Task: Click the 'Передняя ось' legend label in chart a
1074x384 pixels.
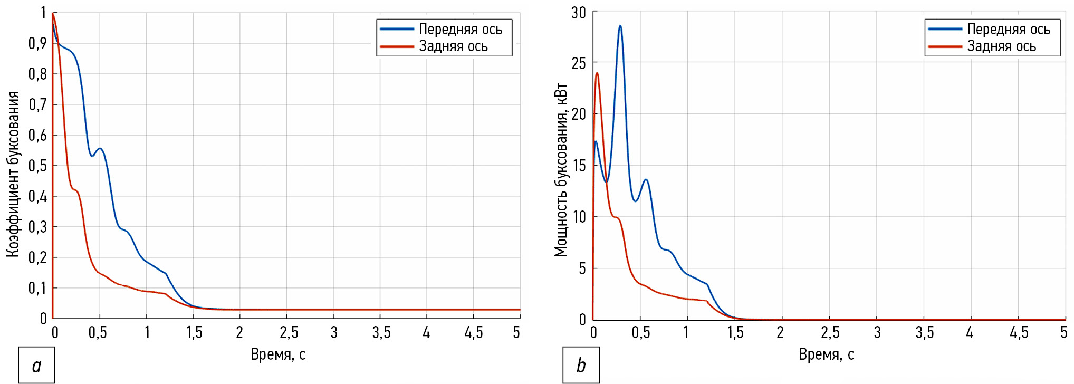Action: [x=460, y=30]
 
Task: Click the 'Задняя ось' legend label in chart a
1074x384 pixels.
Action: [x=453, y=46]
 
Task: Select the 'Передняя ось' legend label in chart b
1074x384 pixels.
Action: [x=1008, y=30]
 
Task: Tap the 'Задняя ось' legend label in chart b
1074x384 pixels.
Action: [x=1001, y=46]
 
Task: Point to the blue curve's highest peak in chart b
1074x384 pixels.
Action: [x=620, y=26]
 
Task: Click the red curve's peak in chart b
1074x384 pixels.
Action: [x=597, y=73]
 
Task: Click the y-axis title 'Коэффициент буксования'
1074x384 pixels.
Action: [x=13, y=174]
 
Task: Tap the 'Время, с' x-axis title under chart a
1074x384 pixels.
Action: [x=278, y=354]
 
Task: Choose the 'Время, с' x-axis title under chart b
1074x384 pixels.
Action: [x=826, y=354]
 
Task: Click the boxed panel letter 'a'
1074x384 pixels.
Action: [x=36, y=365]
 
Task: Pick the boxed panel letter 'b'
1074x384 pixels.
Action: [x=581, y=365]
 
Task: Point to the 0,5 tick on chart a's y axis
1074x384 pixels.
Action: [x=37, y=166]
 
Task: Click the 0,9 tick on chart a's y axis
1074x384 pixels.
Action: [x=37, y=43]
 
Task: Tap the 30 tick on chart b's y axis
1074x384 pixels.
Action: [x=579, y=13]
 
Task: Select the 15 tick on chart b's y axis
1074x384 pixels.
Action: [x=579, y=166]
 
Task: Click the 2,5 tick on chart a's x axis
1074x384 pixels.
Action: [x=289, y=332]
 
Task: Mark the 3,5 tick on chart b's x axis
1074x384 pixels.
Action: [x=924, y=332]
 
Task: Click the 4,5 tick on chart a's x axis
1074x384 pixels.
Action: [x=473, y=332]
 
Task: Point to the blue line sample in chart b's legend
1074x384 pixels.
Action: [x=945, y=30]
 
